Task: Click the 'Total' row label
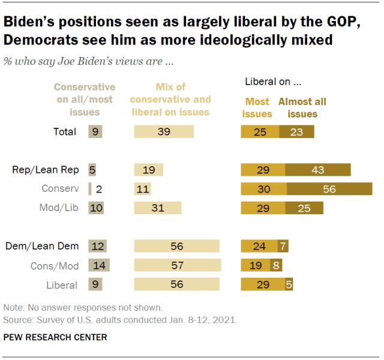[65, 132]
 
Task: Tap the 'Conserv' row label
[60, 188]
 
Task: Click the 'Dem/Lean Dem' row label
[44, 245]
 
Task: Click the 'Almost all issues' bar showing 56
[329, 188]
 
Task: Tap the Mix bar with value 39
[164, 132]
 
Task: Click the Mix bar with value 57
[178, 265]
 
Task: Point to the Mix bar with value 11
[142, 188]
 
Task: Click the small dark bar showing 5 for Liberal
[289, 284]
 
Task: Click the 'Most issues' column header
[257, 107]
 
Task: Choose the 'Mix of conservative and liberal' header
[170, 99]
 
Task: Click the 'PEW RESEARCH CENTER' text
[55, 337]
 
